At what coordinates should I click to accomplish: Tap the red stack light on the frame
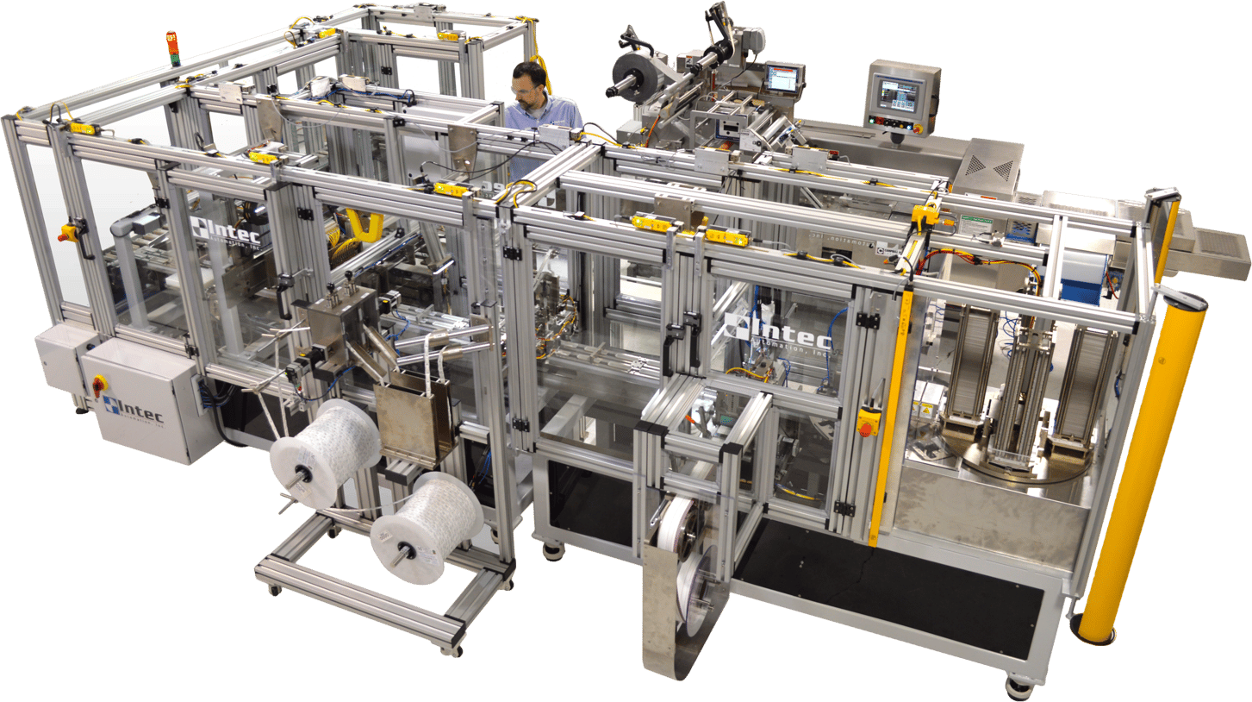click(171, 47)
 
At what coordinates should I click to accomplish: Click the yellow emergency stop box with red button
click(869, 420)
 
